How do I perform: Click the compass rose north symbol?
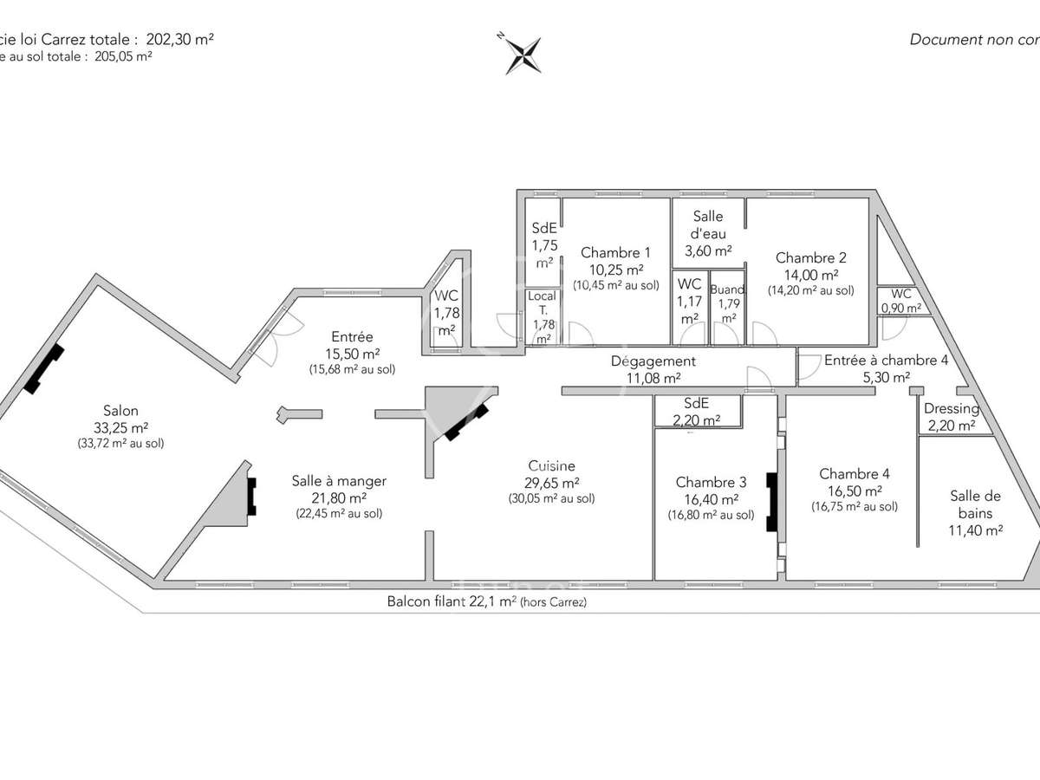(x=523, y=54)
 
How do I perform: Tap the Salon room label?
(x=120, y=411)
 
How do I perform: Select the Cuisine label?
(x=551, y=465)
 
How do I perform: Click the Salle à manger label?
(x=339, y=481)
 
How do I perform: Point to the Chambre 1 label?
(x=615, y=252)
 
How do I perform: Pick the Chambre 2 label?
(x=810, y=257)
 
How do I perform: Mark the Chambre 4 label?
(x=854, y=473)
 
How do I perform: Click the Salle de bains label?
(x=975, y=504)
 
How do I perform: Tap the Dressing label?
(x=951, y=409)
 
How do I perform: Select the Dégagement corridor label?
(x=653, y=361)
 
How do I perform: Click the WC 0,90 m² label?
(x=901, y=301)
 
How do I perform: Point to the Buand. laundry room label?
(x=727, y=289)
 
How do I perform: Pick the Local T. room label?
(x=543, y=302)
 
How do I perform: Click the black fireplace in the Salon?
(x=45, y=369)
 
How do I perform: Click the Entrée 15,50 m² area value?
(x=352, y=354)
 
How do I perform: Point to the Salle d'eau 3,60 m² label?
(x=708, y=233)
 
